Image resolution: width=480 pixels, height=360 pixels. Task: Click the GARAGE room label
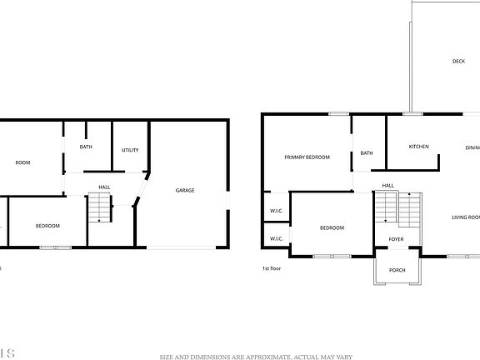click(x=185, y=190)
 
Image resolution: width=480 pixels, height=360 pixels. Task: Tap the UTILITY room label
click(x=130, y=150)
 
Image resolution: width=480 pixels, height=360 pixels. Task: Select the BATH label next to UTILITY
click(x=86, y=147)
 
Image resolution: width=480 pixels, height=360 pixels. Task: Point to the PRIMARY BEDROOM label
click(x=307, y=157)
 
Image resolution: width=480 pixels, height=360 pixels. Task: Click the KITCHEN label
click(x=418, y=147)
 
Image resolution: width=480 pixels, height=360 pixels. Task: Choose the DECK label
click(x=458, y=61)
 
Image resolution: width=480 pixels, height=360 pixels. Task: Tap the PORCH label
click(x=397, y=270)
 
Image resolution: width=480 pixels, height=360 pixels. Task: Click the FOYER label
click(x=397, y=239)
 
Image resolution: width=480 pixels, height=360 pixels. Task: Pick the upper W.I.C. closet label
click(x=276, y=211)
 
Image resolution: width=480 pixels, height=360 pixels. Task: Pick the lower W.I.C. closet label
click(x=276, y=239)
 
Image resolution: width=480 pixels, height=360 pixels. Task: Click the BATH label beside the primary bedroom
click(x=367, y=152)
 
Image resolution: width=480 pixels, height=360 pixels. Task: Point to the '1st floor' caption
click(x=271, y=268)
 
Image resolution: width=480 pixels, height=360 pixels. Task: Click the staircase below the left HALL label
click(x=100, y=207)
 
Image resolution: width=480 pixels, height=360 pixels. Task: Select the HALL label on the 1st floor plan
click(x=388, y=185)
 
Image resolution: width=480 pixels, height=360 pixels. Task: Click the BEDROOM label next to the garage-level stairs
click(x=47, y=226)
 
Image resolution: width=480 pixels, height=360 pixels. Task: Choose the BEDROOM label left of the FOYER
click(x=332, y=227)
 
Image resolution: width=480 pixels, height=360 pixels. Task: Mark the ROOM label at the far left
click(x=22, y=162)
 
